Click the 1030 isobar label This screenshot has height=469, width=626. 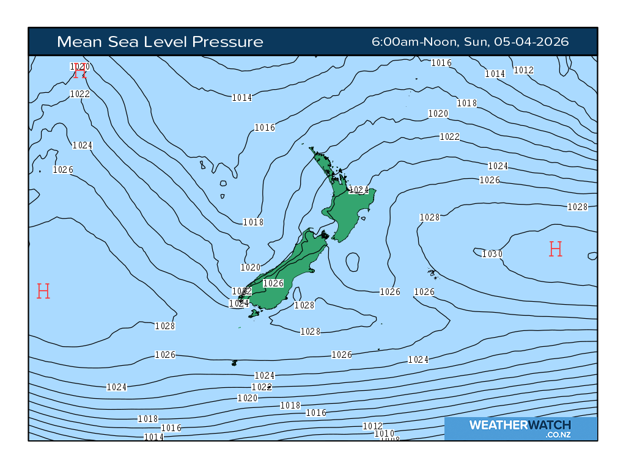click(x=492, y=254)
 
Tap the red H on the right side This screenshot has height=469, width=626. click(x=555, y=249)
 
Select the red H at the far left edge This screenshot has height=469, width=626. click(x=43, y=291)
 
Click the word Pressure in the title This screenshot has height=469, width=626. click(x=228, y=42)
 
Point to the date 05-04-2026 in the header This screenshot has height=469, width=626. click(x=531, y=42)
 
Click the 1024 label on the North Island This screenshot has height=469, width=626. click(x=359, y=190)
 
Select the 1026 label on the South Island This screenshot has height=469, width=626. click(x=273, y=283)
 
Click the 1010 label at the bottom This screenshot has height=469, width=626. click(x=385, y=434)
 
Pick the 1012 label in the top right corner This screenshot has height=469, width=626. click(x=523, y=70)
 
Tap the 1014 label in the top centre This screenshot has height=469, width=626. click(x=242, y=98)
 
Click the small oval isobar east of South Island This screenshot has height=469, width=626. click(x=352, y=262)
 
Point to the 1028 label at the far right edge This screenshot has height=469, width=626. click(x=578, y=207)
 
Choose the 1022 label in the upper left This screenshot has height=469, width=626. click(x=80, y=94)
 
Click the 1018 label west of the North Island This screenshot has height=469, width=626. click(x=253, y=222)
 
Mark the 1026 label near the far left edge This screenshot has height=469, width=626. click(x=63, y=170)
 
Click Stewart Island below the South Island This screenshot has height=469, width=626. click(x=254, y=313)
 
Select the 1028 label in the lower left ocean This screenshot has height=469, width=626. click(x=165, y=326)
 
